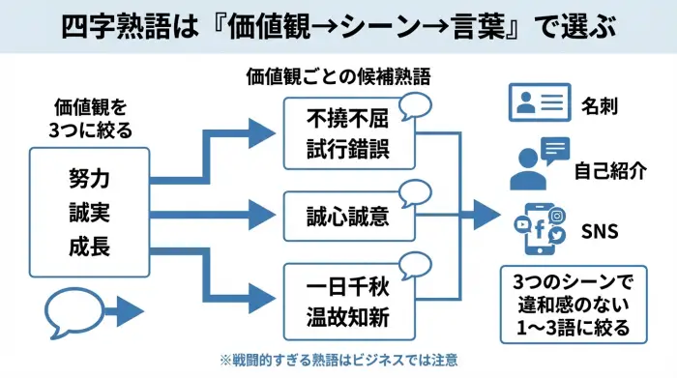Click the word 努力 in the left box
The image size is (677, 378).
pos(89,178)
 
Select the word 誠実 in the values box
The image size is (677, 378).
pos(89,212)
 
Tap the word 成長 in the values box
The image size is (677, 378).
pos(89,246)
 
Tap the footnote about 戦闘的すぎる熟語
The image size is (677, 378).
pos(338,360)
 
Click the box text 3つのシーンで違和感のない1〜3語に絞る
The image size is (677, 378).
pos(571,304)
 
